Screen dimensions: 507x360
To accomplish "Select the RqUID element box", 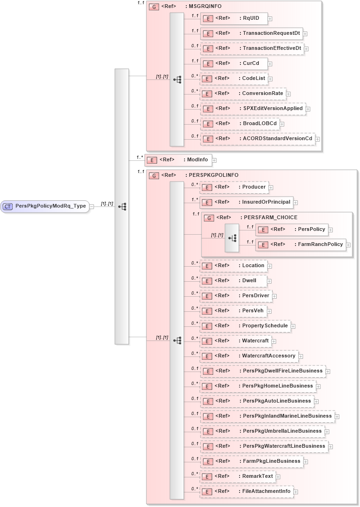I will [x=234, y=19].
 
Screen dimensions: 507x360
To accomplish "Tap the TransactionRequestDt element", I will [x=251, y=34].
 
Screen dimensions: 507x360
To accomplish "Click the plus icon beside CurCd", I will [x=270, y=63].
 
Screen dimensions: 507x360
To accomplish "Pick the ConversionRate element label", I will [x=262, y=94].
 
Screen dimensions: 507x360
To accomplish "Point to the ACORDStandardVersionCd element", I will [x=257, y=139].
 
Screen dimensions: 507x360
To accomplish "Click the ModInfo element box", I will [x=178, y=160].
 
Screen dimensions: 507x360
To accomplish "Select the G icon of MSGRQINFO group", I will [x=153, y=7].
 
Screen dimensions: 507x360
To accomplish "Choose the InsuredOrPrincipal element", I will [x=246, y=202].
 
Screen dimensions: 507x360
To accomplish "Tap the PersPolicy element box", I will [x=292, y=230].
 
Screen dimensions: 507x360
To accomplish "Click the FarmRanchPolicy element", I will [x=301, y=245].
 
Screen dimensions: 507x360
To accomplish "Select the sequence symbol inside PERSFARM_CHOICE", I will [x=232, y=238].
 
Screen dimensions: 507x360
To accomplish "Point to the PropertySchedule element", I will [x=245, y=326].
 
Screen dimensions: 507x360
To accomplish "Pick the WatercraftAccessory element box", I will [x=249, y=356].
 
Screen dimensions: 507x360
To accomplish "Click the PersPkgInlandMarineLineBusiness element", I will [x=266, y=416].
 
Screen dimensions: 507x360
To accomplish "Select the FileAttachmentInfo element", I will [x=247, y=491].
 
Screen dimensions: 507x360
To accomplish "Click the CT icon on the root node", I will [x=8, y=206].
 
